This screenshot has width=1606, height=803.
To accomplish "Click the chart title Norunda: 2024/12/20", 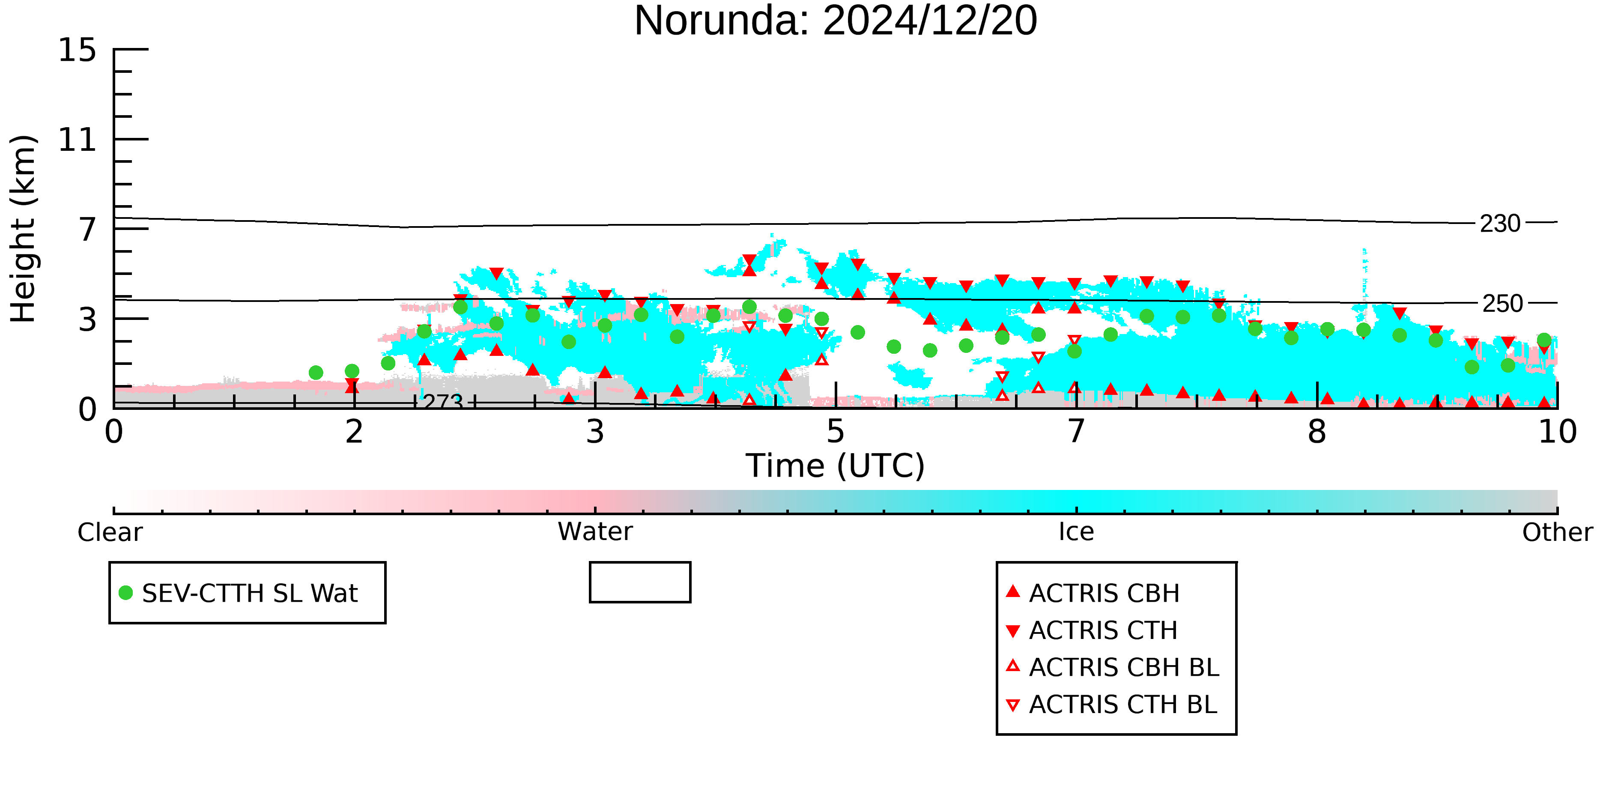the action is click(x=836, y=21).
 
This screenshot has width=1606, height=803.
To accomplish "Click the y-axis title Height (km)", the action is click(x=24, y=229).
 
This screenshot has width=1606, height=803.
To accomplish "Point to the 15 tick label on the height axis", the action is click(x=78, y=50).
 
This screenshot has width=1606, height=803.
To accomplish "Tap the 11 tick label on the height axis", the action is click(x=78, y=140).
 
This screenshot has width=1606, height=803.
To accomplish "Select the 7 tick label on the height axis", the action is click(x=88, y=230).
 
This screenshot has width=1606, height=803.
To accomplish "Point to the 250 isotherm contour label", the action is click(x=1502, y=304).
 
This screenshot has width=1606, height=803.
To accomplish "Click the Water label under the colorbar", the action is click(x=595, y=532).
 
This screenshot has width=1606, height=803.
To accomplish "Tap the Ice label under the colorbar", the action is click(x=1077, y=532).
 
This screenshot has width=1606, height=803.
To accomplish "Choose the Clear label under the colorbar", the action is click(x=110, y=532).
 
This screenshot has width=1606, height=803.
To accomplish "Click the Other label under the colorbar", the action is click(x=1557, y=532).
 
